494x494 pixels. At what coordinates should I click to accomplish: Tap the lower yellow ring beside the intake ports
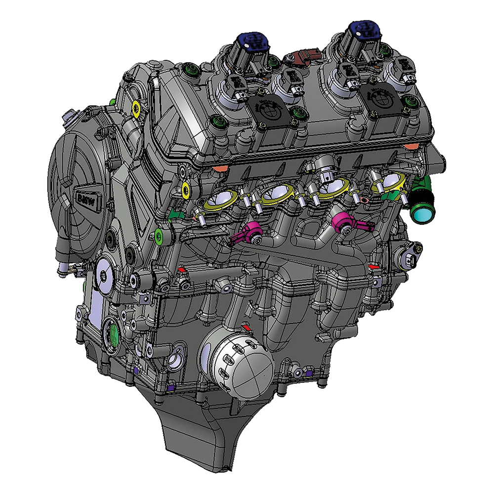[x=186, y=188]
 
